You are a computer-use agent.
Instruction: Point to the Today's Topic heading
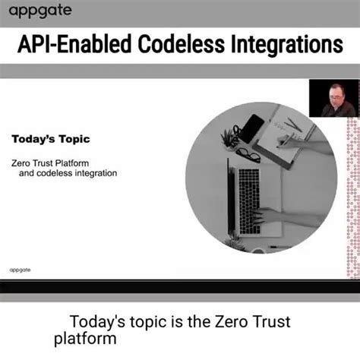(50, 139)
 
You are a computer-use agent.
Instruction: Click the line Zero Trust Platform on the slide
(53, 162)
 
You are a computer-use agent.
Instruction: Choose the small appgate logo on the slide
(21, 269)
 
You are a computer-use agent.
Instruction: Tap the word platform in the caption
(85, 338)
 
